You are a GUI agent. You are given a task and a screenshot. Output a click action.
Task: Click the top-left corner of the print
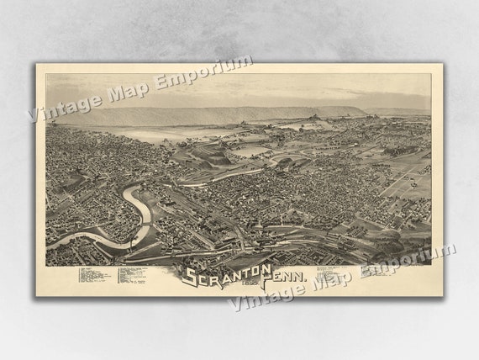pyautogui.click(x=36, y=64)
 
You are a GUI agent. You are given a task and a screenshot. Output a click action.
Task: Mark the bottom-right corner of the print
pyautogui.click(x=443, y=296)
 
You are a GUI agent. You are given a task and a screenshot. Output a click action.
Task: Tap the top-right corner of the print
pyautogui.click(x=443, y=64)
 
